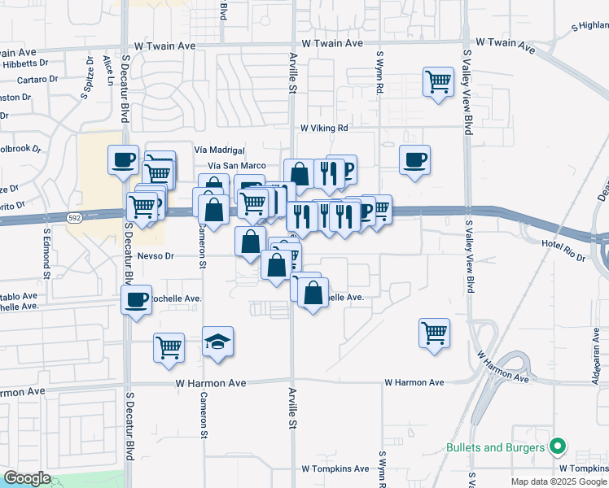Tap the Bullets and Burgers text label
pyautogui.click(x=495, y=448)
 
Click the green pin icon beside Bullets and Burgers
pyautogui.click(x=558, y=447)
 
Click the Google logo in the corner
pyautogui.click(x=27, y=478)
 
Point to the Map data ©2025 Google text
pyautogui.click(x=558, y=481)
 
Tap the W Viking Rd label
pyautogui.click(x=323, y=129)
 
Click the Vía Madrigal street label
pyautogui.click(x=220, y=150)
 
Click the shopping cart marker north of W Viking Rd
pyautogui.click(x=438, y=81)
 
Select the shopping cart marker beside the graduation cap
pyautogui.click(x=169, y=347)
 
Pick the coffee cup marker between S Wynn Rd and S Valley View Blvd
pyautogui.click(x=414, y=159)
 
